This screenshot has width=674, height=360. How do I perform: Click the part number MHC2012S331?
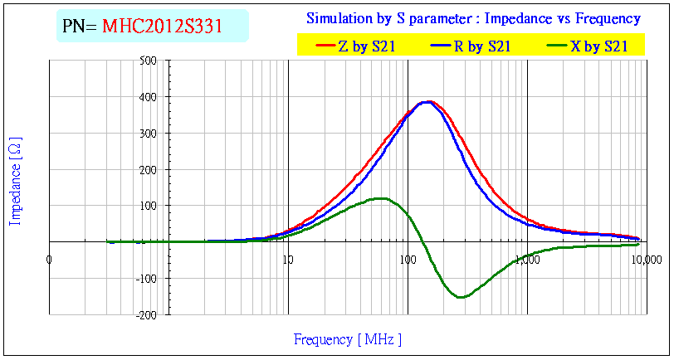click(163, 27)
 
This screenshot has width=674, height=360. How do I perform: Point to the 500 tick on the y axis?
click(149, 61)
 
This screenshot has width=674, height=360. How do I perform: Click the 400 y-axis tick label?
click(149, 97)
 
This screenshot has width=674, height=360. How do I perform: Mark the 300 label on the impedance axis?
click(149, 133)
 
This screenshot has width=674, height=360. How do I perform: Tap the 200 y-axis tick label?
click(149, 169)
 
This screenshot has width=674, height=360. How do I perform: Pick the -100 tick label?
click(147, 279)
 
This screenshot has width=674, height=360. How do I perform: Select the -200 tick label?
click(147, 315)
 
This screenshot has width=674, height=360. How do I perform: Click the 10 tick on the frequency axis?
click(288, 260)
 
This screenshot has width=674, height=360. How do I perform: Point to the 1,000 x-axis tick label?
click(527, 260)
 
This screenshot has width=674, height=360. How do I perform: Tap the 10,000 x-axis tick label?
click(647, 260)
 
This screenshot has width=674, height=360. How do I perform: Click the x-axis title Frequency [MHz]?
click(348, 339)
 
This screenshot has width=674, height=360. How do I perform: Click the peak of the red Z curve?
click(430, 101)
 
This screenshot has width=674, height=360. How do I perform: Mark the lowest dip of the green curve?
click(461, 297)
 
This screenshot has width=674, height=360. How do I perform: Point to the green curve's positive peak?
click(381, 198)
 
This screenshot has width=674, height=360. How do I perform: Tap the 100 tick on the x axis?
click(408, 260)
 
